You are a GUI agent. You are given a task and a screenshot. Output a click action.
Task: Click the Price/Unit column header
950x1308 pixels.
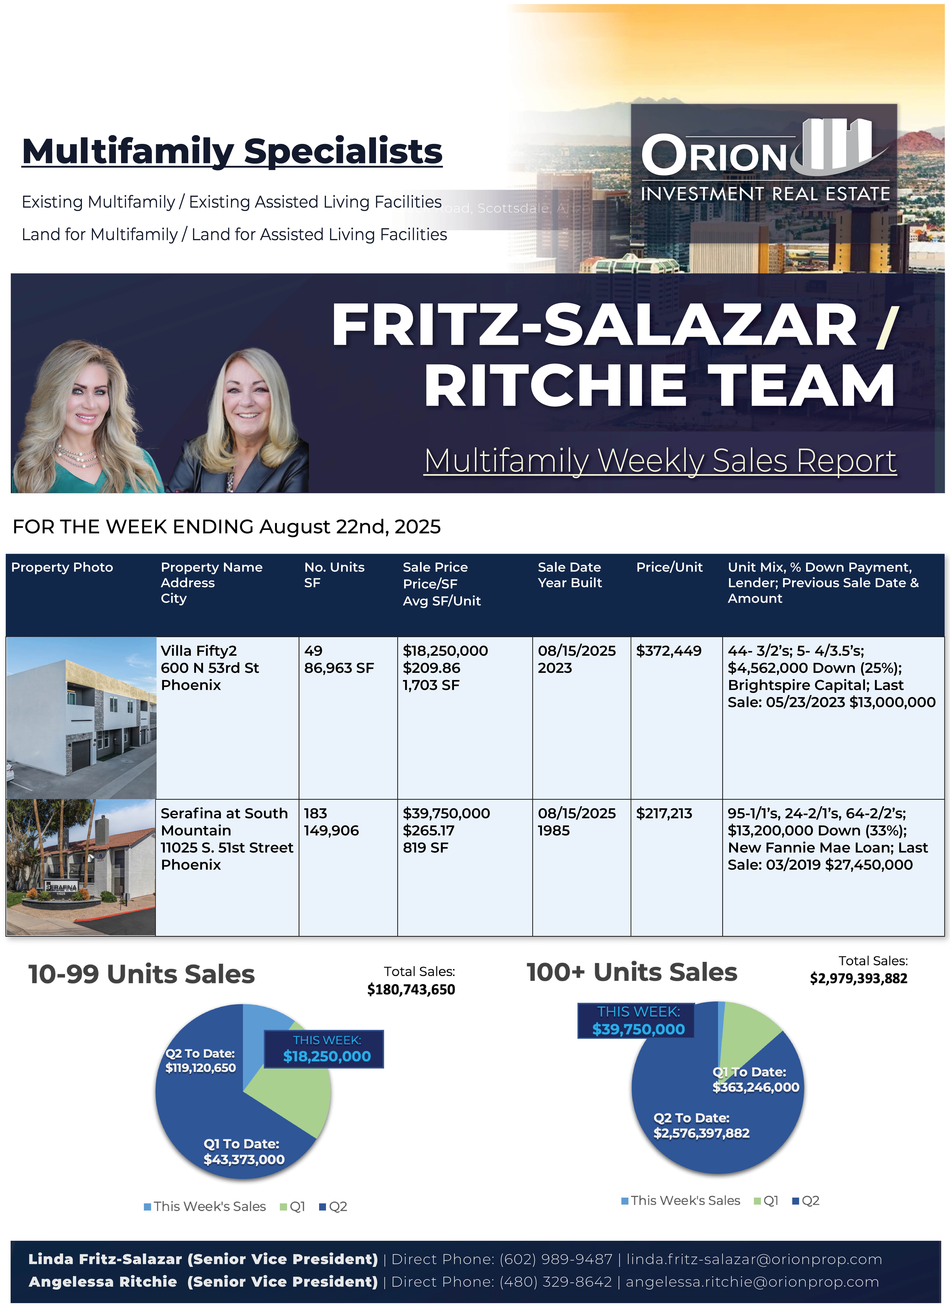[669, 567]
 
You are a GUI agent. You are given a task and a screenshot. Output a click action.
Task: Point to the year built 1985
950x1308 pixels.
[554, 831]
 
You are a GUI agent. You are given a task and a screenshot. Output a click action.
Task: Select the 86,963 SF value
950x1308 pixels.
[339, 668]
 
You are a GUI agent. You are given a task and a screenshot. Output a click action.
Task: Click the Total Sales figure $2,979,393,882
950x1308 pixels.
[858, 979]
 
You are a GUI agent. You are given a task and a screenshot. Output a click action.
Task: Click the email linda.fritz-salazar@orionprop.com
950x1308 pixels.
[754, 1260]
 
